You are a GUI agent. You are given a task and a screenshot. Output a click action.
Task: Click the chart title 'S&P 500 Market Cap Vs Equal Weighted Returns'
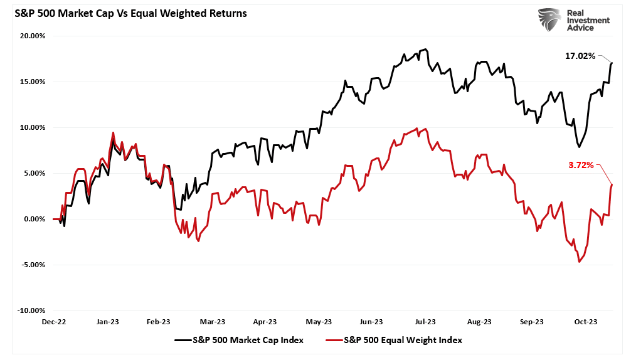(x=126, y=13)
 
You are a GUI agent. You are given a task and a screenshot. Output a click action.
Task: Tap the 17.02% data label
(x=580, y=56)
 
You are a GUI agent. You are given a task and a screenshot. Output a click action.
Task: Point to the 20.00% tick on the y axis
(x=32, y=36)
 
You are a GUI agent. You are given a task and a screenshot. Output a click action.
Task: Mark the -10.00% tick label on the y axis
(x=31, y=310)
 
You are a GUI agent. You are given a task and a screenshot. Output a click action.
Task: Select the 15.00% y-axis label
(x=32, y=82)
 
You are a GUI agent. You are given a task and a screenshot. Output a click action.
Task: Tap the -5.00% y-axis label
(x=32, y=265)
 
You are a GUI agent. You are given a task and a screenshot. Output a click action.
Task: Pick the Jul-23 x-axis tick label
(x=425, y=322)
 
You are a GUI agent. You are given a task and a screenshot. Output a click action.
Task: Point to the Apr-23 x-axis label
(x=265, y=322)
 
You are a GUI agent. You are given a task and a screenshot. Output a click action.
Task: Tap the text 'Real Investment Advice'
(x=588, y=21)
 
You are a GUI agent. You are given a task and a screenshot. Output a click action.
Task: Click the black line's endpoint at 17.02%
(x=612, y=63)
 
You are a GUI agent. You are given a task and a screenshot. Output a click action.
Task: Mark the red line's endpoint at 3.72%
(x=612, y=184)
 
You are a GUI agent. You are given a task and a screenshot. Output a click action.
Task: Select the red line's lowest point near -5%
(x=579, y=262)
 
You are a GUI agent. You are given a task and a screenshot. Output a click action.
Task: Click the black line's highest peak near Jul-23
(x=426, y=49)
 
